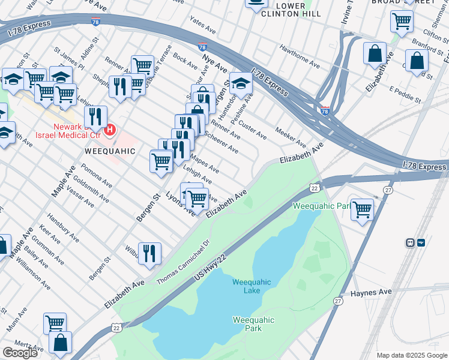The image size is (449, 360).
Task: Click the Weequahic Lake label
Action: point(252,286)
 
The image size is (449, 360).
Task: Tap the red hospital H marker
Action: point(110,129)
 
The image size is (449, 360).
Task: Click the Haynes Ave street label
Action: point(371,292)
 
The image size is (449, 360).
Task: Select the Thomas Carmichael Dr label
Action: point(182,262)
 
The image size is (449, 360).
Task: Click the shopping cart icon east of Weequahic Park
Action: point(362,209)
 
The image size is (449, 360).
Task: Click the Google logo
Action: point(20,353)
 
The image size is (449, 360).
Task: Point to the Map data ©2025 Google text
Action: point(411,355)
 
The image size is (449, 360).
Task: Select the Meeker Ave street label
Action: point(291,137)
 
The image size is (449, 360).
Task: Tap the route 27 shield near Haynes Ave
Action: point(338,301)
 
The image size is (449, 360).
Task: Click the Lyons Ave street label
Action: point(181,205)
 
